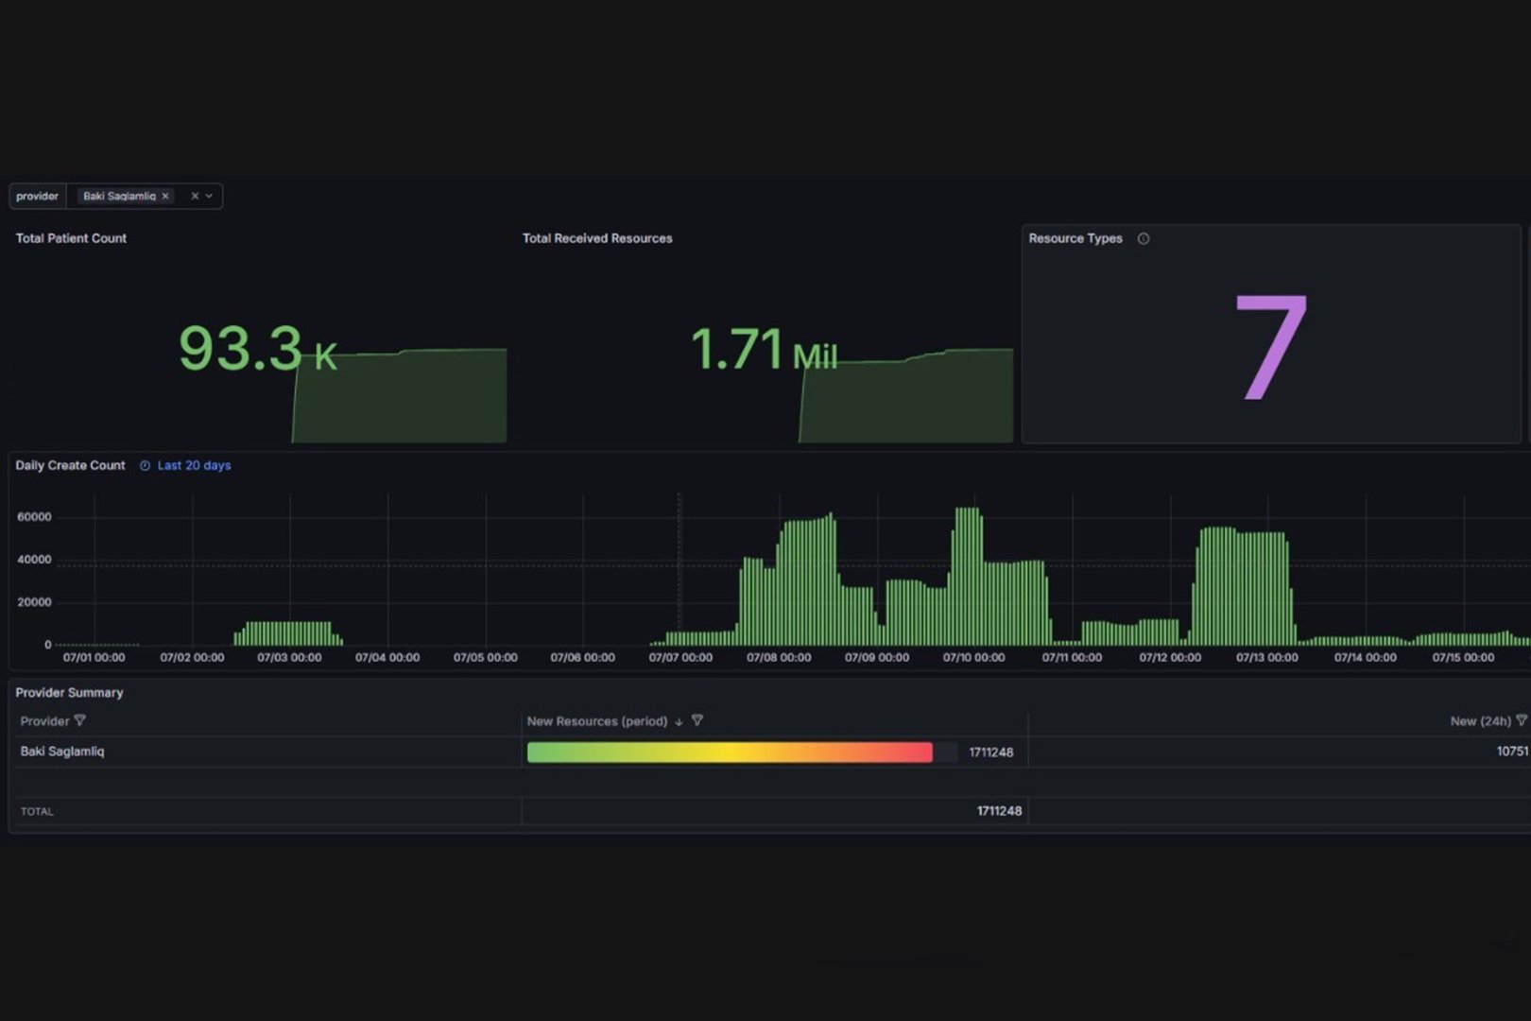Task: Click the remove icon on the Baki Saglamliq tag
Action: coord(165,197)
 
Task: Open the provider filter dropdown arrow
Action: coord(209,197)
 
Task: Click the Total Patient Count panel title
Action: coord(71,238)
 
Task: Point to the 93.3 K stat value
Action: coord(258,349)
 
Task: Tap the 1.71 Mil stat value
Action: coord(765,350)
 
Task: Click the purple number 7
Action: coord(1271,347)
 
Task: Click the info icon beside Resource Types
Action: coord(1144,238)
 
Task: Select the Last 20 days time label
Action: coord(194,466)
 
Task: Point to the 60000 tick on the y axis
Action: coord(34,517)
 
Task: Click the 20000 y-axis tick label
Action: coord(34,602)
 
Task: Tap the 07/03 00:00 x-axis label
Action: coord(289,657)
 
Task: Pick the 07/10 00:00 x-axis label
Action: coord(974,657)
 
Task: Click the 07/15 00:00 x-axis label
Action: coord(1463,657)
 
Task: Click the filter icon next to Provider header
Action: coord(80,720)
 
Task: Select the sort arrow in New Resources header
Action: coord(679,721)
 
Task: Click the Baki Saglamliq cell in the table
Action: coord(62,751)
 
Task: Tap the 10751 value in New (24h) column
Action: coord(1512,751)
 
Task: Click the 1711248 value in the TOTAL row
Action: coord(999,811)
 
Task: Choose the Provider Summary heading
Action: coord(70,693)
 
